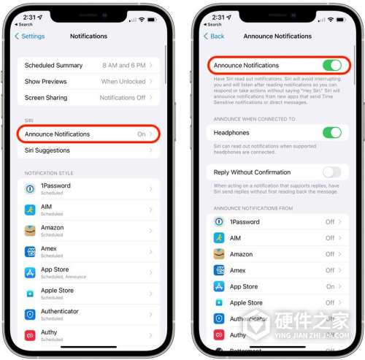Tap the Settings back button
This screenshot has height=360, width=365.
point(30,37)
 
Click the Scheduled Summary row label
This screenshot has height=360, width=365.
point(54,65)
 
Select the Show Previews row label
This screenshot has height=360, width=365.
point(45,82)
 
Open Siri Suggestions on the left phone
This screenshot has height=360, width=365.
point(47,150)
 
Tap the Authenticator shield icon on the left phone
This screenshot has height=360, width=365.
point(30,314)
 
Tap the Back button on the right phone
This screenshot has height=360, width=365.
point(215,37)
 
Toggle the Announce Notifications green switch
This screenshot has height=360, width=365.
point(331,66)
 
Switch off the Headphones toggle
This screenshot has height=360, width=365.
point(331,133)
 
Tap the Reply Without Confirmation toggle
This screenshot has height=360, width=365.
point(331,172)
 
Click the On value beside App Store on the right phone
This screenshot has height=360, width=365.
point(331,287)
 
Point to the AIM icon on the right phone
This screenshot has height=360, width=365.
point(219,238)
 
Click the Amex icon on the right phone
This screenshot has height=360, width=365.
point(219,270)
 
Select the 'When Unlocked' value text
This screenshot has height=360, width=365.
point(123,82)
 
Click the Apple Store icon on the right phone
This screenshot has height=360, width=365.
point(219,302)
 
